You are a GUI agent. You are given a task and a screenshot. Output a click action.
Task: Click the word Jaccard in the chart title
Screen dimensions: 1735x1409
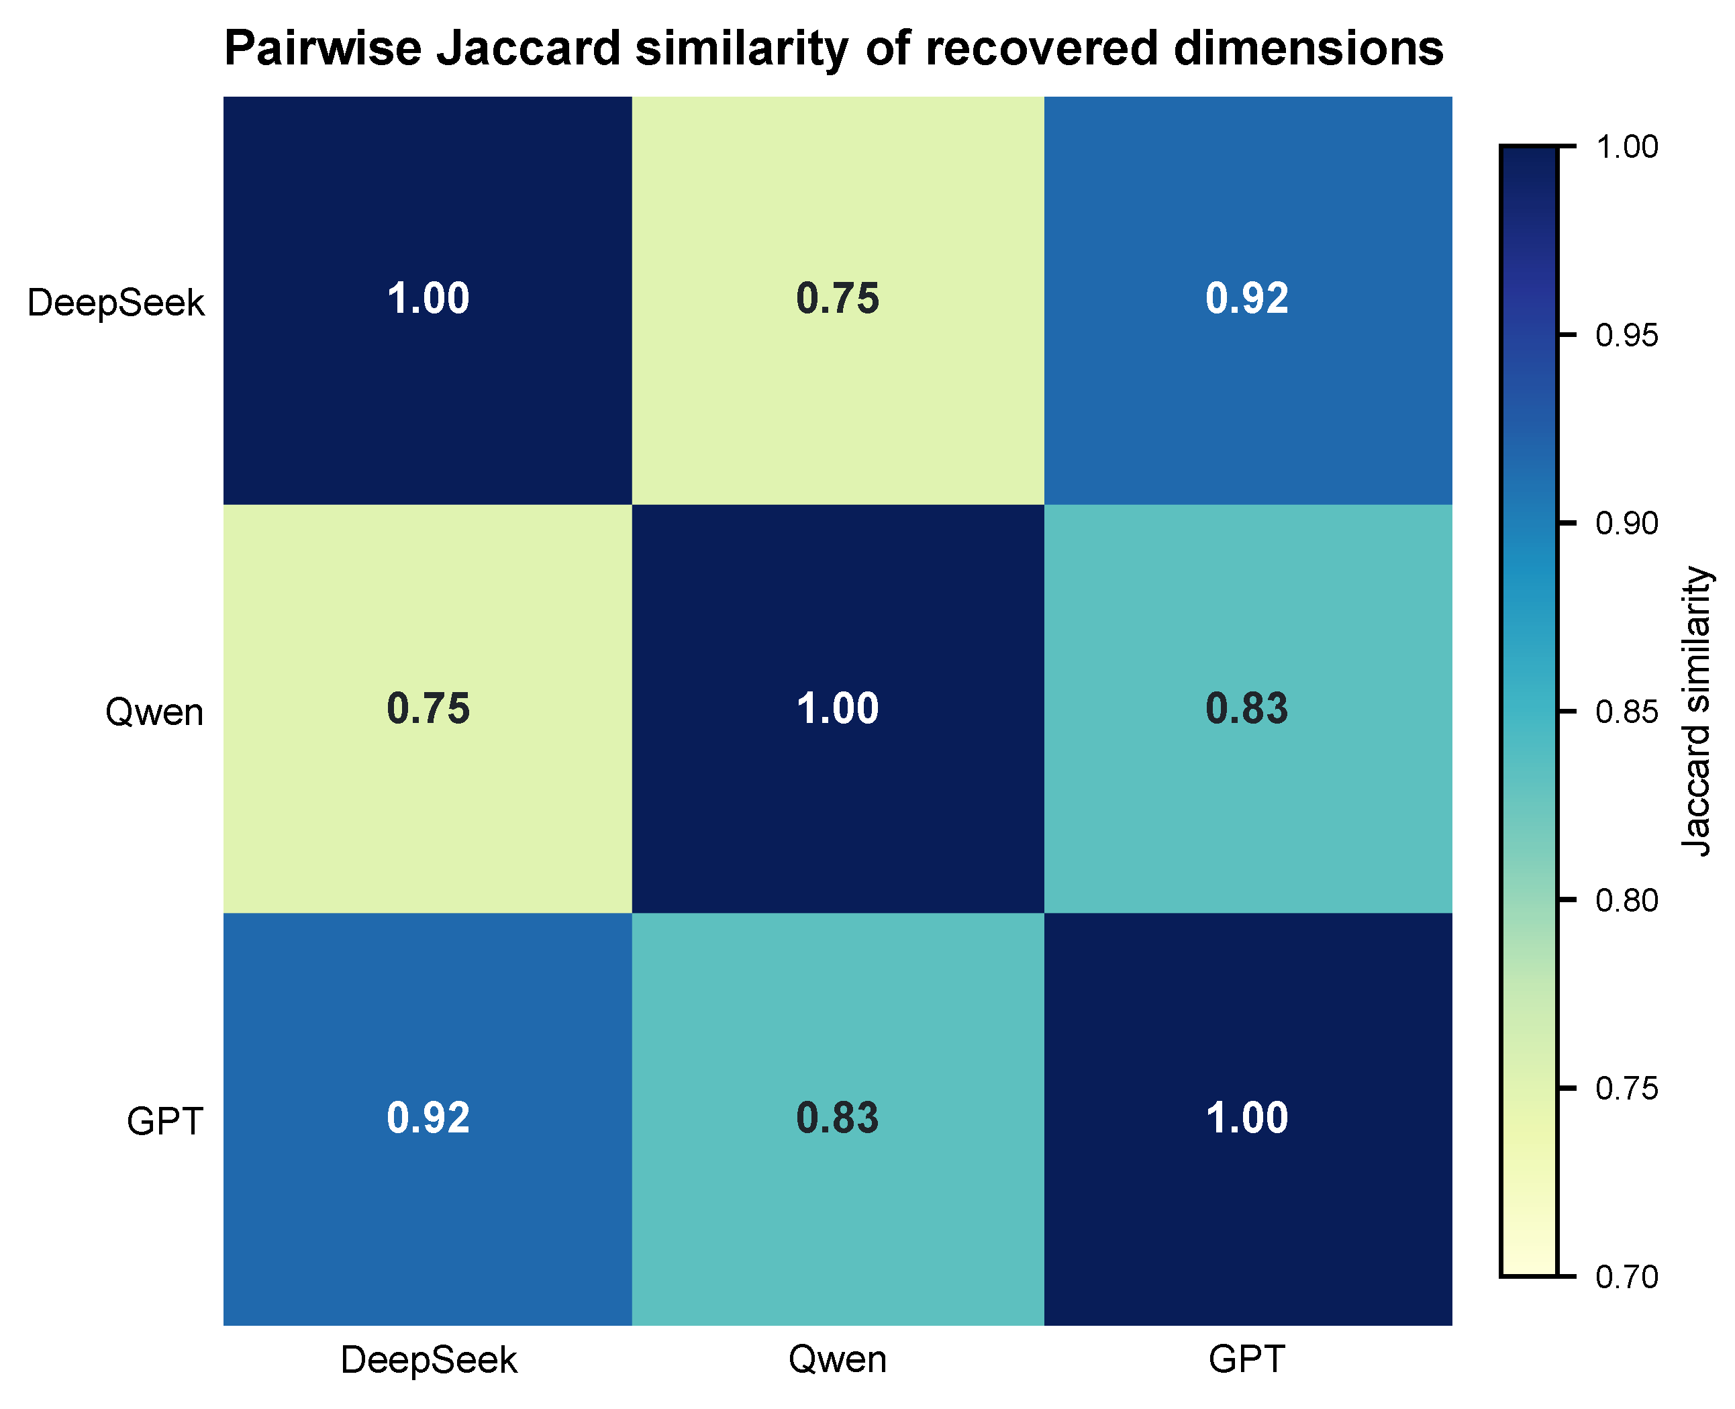coord(528,49)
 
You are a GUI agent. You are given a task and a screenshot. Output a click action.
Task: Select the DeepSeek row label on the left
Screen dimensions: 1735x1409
coord(115,303)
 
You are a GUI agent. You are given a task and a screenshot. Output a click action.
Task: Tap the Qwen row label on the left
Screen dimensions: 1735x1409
coord(154,712)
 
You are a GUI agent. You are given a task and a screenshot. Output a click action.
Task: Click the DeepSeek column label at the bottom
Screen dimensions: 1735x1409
coord(428,1359)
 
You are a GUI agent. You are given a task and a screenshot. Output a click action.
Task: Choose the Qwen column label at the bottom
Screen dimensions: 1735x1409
coord(838,1359)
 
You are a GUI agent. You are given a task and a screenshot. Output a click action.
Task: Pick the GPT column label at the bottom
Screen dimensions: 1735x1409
coord(1246,1359)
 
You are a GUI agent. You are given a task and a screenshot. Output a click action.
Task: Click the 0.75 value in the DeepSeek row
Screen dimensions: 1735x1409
coord(838,299)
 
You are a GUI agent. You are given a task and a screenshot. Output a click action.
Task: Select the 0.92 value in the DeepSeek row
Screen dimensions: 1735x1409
coord(1246,299)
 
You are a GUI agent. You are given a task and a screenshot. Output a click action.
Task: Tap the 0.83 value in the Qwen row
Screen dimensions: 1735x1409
coord(1246,709)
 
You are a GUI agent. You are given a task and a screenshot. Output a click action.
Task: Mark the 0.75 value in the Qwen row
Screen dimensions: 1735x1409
coord(428,709)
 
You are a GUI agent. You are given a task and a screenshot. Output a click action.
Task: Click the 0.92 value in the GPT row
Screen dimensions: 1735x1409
coord(428,1118)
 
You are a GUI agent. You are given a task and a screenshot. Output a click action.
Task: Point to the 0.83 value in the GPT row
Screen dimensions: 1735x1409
coord(838,1118)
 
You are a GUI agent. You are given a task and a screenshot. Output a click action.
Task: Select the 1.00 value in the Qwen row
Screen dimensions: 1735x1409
coord(838,709)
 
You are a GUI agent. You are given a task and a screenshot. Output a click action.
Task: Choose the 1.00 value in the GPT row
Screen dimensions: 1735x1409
coord(1246,1118)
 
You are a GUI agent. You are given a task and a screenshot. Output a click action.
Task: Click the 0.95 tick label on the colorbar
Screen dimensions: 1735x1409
coord(1626,335)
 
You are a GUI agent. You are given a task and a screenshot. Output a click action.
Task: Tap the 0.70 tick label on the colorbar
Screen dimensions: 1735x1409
coord(1626,1277)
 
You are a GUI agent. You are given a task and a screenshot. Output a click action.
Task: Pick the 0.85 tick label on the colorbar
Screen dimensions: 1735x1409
coord(1626,712)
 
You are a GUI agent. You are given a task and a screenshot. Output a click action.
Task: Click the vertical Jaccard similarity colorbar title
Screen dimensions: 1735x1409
coord(1696,712)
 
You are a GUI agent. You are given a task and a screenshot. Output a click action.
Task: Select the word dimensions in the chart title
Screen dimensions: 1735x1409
coord(1308,49)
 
